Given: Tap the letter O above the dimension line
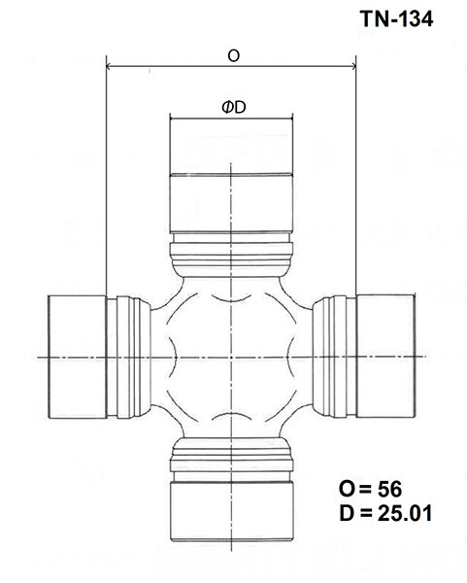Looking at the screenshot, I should (233, 56).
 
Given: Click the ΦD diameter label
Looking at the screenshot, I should (232, 108).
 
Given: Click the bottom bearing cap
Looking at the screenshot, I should (232, 510).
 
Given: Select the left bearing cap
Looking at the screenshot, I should (78, 358).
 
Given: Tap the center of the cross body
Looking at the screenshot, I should (232, 358).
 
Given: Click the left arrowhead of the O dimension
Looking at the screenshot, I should (107, 68).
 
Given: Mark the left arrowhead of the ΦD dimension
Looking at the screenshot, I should (173, 120).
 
